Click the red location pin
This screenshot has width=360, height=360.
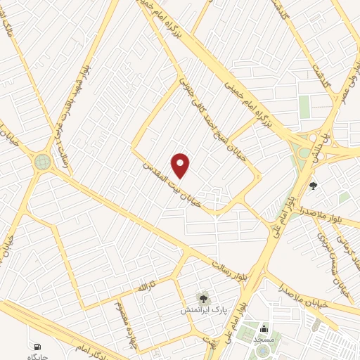click(x=181, y=165)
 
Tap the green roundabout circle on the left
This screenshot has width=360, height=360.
click(x=43, y=162)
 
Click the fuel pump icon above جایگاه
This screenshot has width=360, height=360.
click(x=37, y=346)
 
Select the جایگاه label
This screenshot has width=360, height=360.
click(x=36, y=356)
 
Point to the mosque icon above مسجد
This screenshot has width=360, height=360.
click(x=264, y=328)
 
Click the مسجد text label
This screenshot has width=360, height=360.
click(x=263, y=339)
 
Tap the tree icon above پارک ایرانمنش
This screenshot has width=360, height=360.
click(x=203, y=298)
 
